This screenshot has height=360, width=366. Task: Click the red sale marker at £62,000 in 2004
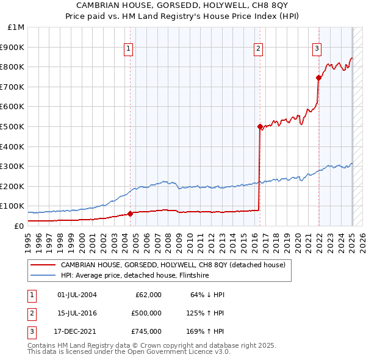pyautogui.click(x=130, y=214)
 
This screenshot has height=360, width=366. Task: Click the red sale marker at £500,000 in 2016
pyautogui.click(x=260, y=127)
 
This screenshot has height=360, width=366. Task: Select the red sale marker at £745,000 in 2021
pyautogui.click(x=318, y=77)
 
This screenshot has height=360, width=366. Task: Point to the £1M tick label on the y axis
pyautogui.click(x=16, y=27)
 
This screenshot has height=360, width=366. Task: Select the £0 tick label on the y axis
pyautogui.click(x=18, y=226)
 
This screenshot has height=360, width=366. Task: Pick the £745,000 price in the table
pyautogui.click(x=146, y=331)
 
